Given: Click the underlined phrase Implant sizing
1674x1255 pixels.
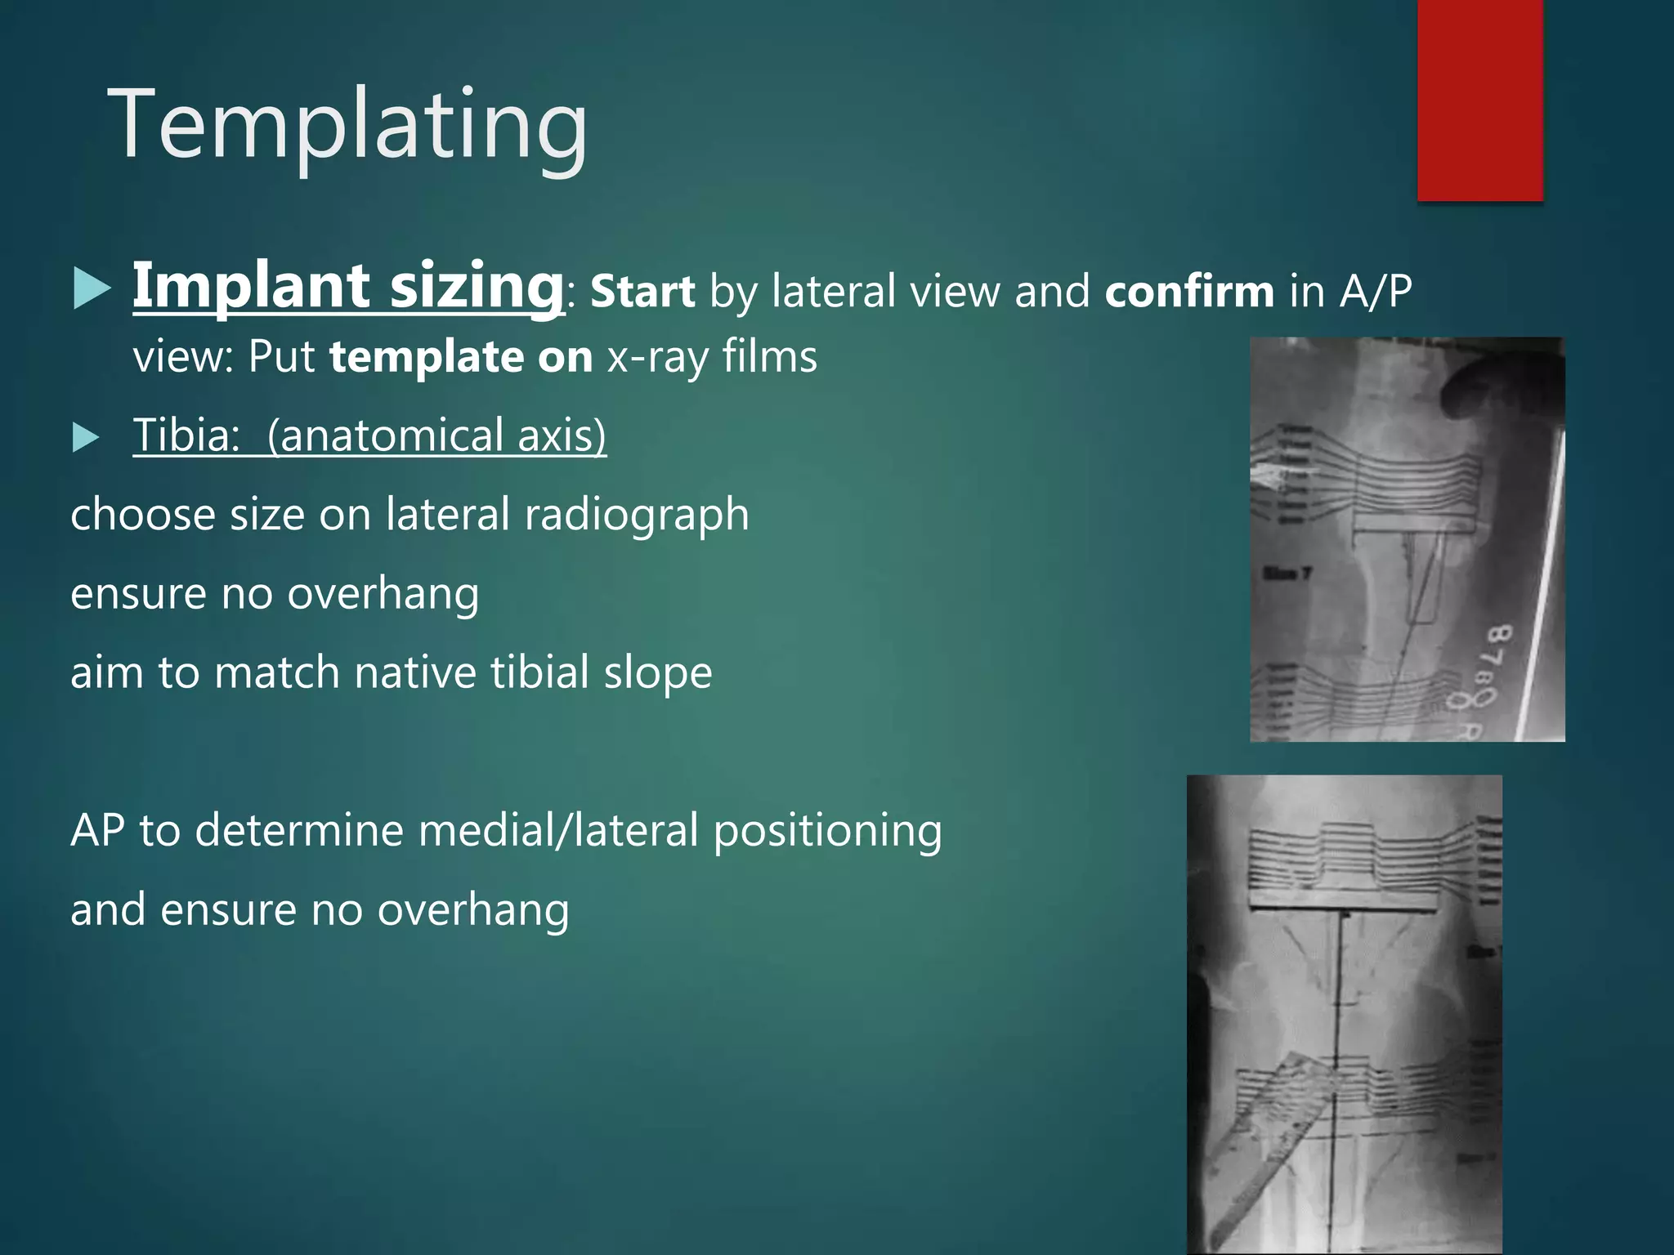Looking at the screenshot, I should (x=348, y=286).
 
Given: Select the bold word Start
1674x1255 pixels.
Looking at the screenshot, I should (x=642, y=292).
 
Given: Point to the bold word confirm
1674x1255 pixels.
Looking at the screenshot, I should (x=1189, y=292).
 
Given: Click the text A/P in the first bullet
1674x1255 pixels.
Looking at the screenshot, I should (x=1376, y=292).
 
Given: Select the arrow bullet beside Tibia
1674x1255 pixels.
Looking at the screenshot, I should (x=86, y=437).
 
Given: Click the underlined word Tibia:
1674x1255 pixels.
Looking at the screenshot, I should (x=186, y=435).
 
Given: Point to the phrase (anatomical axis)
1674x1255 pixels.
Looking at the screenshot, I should (x=436, y=435).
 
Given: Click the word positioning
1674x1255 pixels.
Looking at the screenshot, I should (x=827, y=831).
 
